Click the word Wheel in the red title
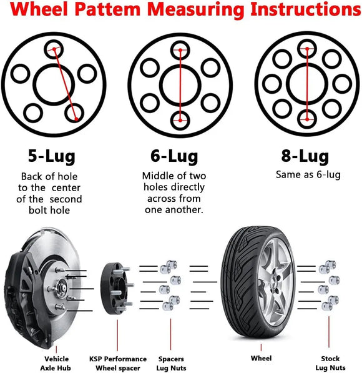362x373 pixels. (x=45, y=11)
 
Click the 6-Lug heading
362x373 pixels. (x=174, y=156)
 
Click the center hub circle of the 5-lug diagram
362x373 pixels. (x=56, y=82)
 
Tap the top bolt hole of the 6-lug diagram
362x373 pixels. (x=180, y=48)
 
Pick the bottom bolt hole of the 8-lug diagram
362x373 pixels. (x=306, y=117)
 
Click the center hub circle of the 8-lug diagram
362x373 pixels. (x=306, y=82)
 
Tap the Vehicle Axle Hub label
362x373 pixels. (x=57, y=363)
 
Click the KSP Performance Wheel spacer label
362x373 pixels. (x=117, y=363)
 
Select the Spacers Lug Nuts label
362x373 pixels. (x=170, y=363)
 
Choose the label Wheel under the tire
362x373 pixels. (x=261, y=359)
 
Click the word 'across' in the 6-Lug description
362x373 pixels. (x=160, y=199)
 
